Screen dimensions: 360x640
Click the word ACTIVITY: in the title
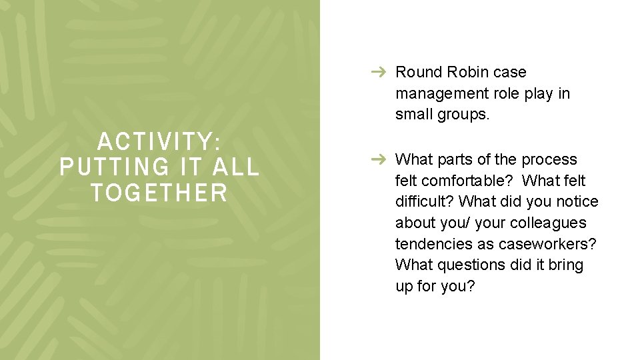159,141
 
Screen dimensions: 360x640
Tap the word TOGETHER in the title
159,193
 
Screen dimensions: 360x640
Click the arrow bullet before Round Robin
379,72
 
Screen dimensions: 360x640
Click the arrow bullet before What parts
379,159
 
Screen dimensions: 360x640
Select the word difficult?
425,202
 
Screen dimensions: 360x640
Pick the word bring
565,265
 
